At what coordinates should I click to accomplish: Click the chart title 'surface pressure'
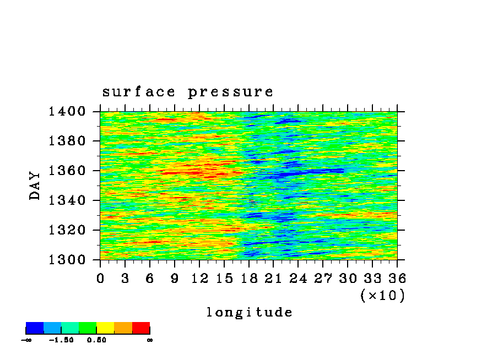pyautogui.click(x=187, y=92)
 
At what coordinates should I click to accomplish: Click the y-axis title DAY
pyautogui.click(x=35, y=186)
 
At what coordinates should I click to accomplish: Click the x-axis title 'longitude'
pyautogui.click(x=250, y=312)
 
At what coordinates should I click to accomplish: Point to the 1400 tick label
pyautogui.click(x=67, y=111)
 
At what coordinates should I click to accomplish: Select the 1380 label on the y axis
pyautogui.click(x=67, y=140)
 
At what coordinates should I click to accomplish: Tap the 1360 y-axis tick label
pyautogui.click(x=67, y=171)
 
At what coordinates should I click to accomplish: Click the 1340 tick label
pyautogui.click(x=67, y=200)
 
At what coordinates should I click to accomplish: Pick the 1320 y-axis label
pyautogui.click(x=67, y=230)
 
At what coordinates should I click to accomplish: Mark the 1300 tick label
pyautogui.click(x=67, y=260)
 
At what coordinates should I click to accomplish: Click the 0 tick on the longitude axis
pyautogui.click(x=100, y=279)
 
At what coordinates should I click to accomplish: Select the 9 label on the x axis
pyautogui.click(x=175, y=279)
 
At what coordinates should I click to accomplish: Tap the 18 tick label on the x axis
pyautogui.click(x=249, y=279)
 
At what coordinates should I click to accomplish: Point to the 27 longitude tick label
pyautogui.click(x=323, y=279)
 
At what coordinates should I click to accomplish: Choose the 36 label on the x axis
pyautogui.click(x=397, y=279)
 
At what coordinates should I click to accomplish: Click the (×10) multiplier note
pyautogui.click(x=383, y=296)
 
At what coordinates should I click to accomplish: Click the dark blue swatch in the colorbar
pyautogui.click(x=35, y=328)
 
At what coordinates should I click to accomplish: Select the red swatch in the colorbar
pyautogui.click(x=141, y=328)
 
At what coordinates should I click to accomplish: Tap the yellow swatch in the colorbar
pyautogui.click(x=105, y=328)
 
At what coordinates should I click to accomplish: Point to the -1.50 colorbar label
pyautogui.click(x=61, y=340)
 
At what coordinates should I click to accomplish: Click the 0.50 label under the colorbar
pyautogui.click(x=96, y=340)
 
